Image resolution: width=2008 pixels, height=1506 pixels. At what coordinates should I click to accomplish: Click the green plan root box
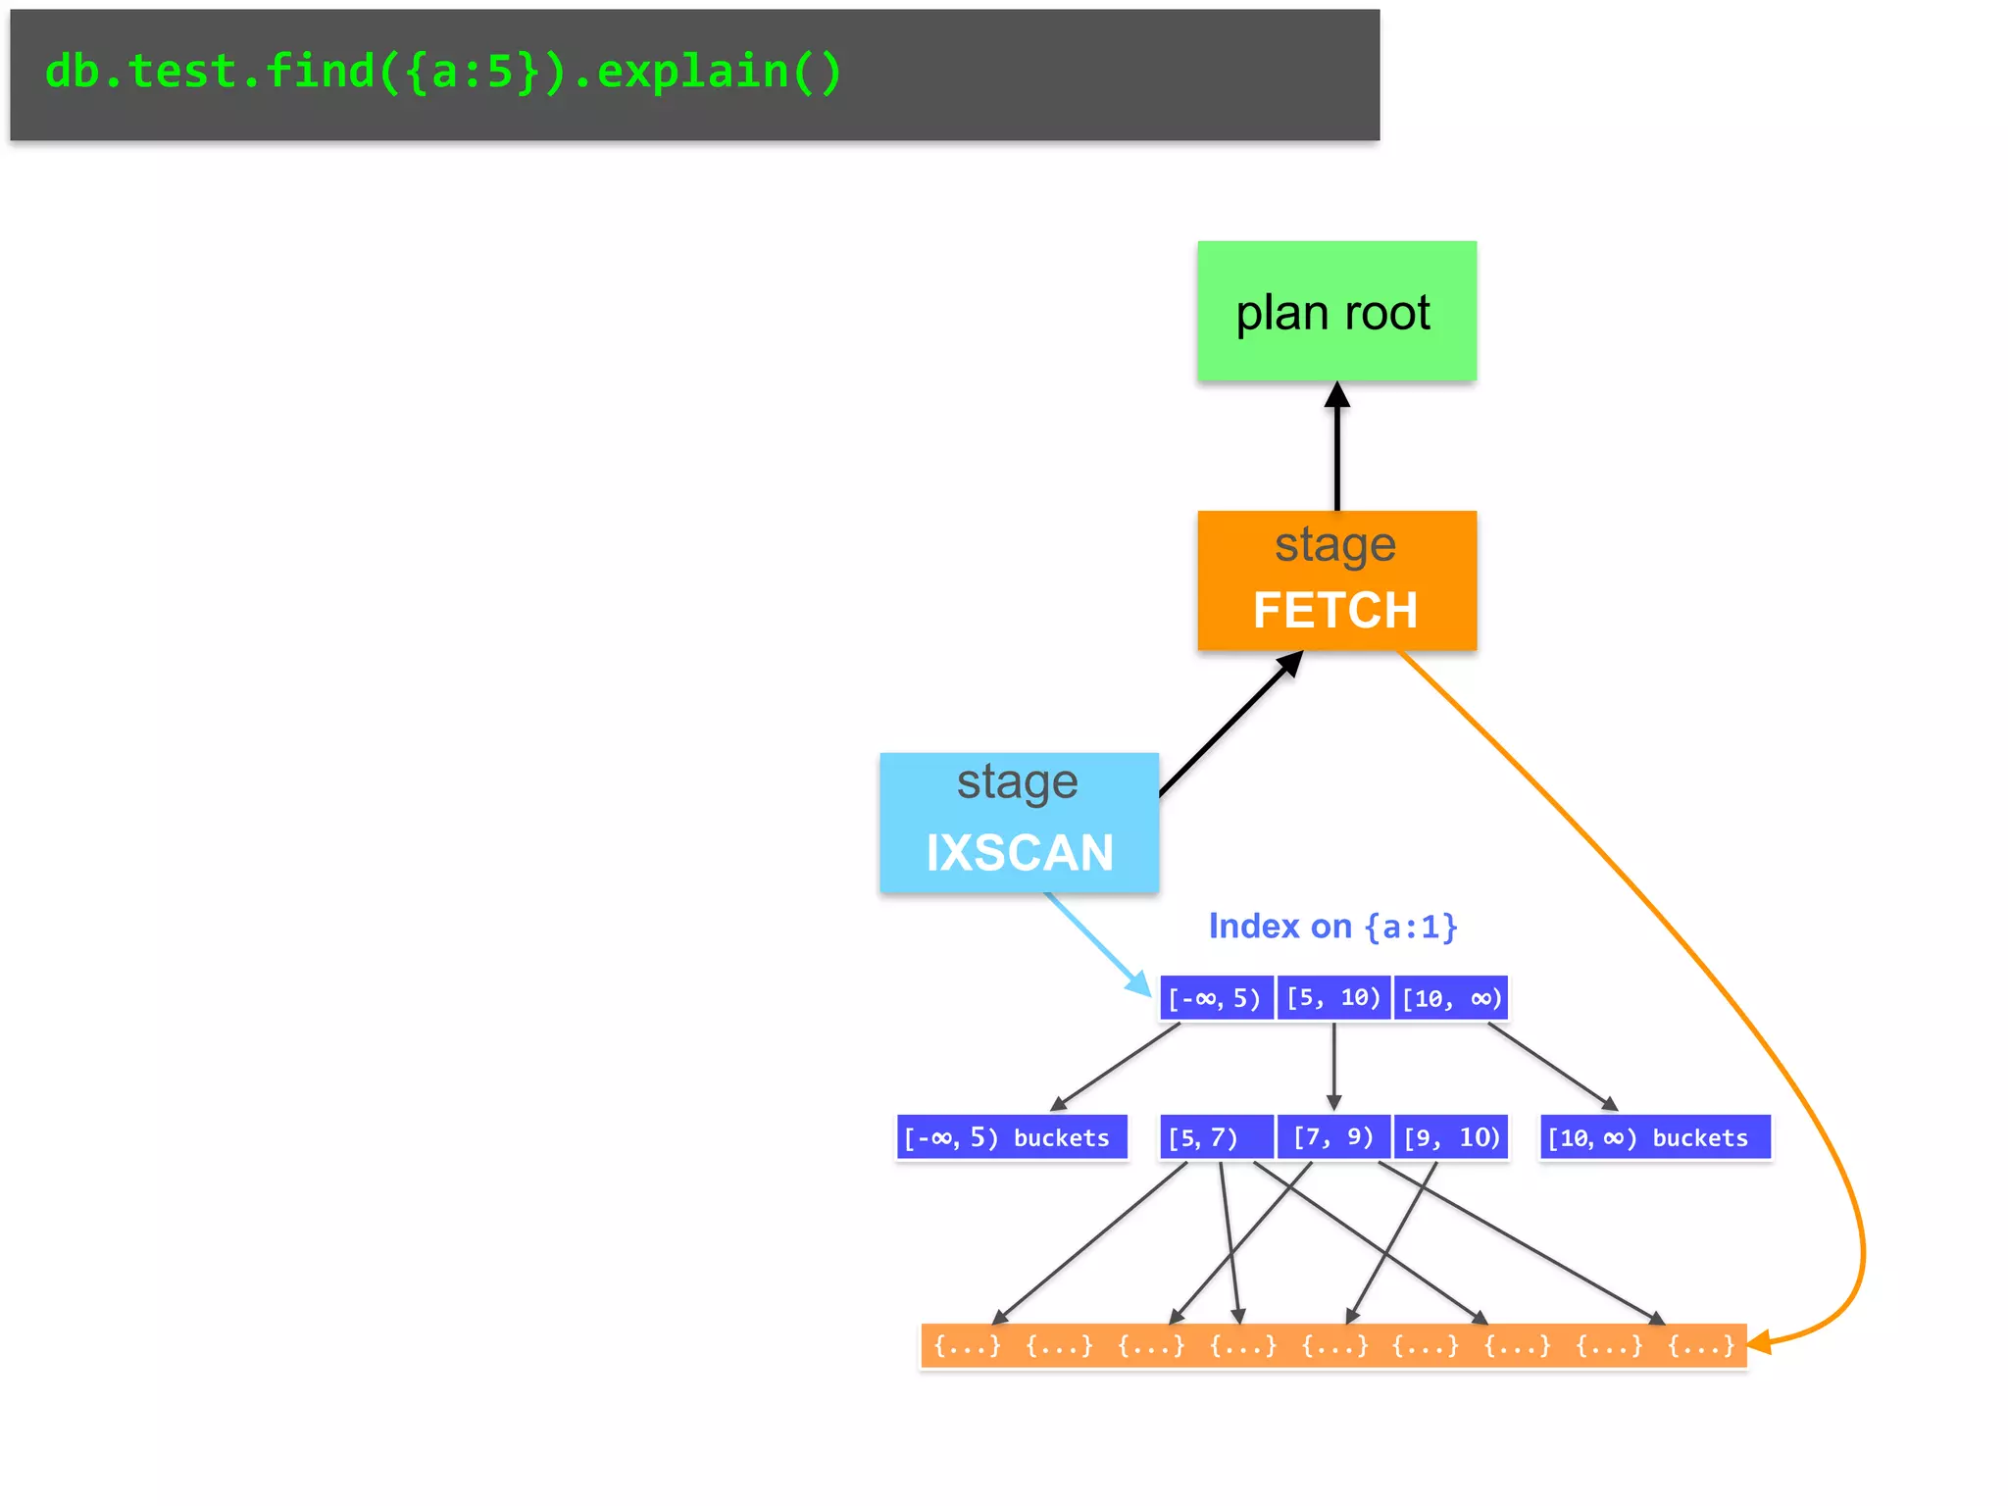1335,311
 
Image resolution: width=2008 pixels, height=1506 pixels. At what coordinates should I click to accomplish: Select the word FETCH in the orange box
1335,610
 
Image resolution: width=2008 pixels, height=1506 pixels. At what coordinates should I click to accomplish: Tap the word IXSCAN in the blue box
1020,852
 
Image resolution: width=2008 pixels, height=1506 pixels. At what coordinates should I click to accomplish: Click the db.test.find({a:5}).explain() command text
443,72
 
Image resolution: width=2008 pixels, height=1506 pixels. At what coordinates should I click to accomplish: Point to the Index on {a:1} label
1332,926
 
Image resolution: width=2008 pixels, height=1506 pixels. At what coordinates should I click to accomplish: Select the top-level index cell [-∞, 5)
1216,998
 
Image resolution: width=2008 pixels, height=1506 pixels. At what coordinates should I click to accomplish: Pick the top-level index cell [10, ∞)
1451,998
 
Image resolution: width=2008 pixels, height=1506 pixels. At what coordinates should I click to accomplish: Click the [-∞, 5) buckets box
1011,1137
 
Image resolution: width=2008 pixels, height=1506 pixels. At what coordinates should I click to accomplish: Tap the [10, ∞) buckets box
1654,1137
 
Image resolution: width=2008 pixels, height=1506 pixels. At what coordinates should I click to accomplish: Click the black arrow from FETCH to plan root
1336,451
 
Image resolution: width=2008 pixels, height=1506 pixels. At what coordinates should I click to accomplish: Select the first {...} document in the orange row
967,1345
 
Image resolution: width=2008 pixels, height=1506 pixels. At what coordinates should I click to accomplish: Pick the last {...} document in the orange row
1701,1345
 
